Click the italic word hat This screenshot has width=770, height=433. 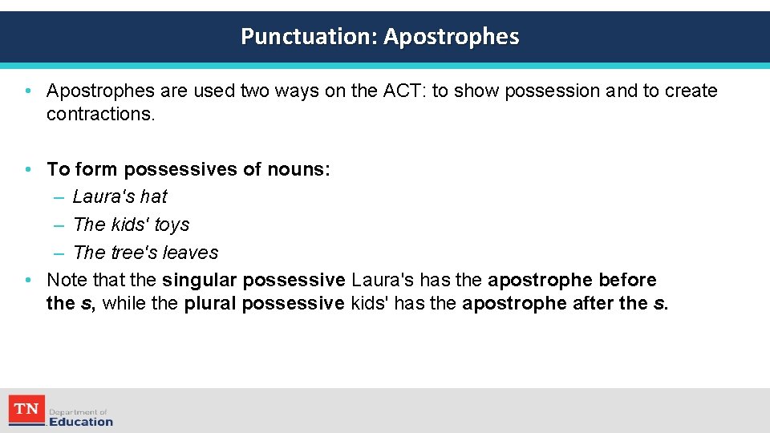pyautogui.click(x=153, y=196)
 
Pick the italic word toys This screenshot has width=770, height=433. pyautogui.click(x=172, y=225)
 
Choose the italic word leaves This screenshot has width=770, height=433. pyautogui.click(x=190, y=253)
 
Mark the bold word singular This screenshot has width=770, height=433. pyautogui.click(x=199, y=280)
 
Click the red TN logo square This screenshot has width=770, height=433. pyautogui.click(x=26, y=410)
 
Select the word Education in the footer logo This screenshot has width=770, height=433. pyautogui.click(x=81, y=422)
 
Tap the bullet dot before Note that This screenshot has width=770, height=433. pyautogui.click(x=27, y=280)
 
